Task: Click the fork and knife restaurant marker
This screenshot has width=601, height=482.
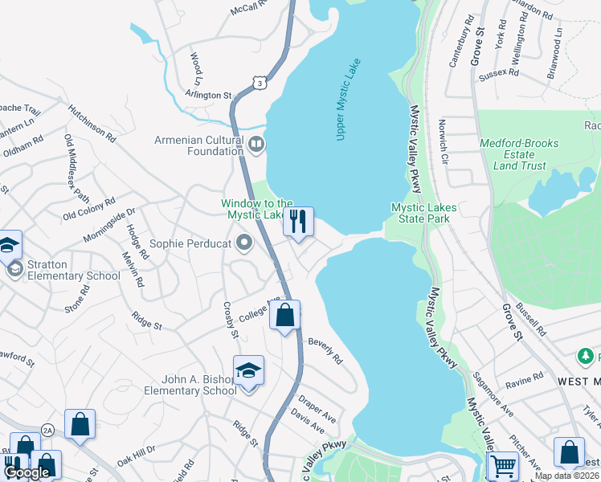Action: tap(298, 222)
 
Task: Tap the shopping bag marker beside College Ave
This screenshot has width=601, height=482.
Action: tap(284, 316)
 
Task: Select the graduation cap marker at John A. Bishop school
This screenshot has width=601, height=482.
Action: tap(248, 371)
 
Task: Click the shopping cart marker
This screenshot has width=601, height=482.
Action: tap(503, 466)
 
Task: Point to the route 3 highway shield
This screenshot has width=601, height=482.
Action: tap(258, 82)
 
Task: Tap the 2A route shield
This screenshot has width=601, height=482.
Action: tap(47, 430)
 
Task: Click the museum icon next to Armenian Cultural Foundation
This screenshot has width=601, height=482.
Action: tap(256, 145)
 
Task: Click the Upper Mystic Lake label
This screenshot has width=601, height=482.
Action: tap(348, 100)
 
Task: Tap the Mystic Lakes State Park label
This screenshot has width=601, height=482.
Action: tap(423, 213)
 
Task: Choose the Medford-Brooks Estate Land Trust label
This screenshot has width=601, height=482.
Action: tap(513, 154)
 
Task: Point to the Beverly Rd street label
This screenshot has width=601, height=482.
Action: tap(325, 350)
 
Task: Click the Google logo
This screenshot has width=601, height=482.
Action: tap(27, 473)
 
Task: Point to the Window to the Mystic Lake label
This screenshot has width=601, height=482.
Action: tap(256, 209)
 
